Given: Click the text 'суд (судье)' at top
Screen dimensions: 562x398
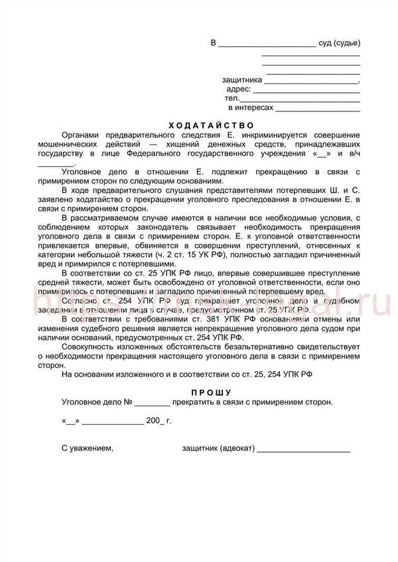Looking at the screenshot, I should tap(339, 43).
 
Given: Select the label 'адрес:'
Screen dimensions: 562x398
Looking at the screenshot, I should tap(239, 89).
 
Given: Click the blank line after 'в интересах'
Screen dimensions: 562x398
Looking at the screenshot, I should tap(318, 107).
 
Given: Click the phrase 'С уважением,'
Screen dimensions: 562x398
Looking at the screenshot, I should tap(88, 449).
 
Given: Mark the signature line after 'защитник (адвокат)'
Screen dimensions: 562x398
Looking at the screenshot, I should tap(304, 449).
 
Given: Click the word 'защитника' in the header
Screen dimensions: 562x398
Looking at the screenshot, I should tap(242, 80).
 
